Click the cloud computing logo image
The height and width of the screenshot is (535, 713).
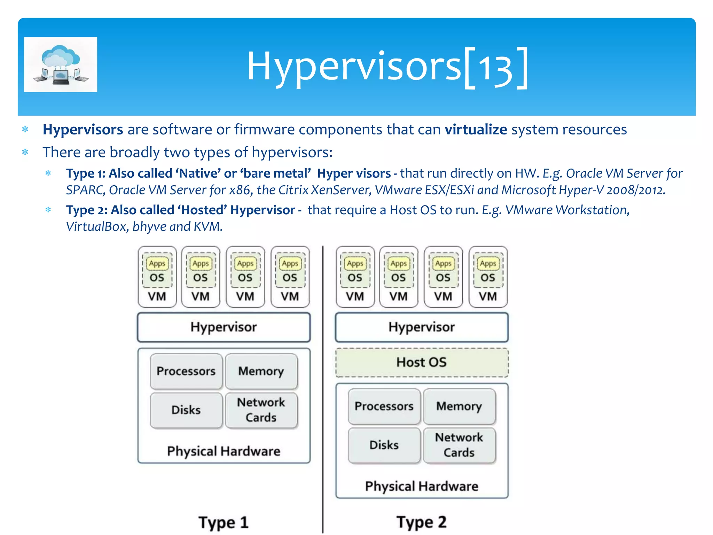point(61,64)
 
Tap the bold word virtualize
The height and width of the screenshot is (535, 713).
point(476,130)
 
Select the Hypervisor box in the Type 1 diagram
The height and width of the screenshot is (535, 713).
point(224,327)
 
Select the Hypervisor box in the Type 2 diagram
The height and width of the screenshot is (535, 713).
point(422,327)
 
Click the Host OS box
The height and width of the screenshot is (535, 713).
point(422,362)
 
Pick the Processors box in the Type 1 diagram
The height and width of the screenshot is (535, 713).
point(186,371)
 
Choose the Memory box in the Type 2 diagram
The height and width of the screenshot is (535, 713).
point(459,406)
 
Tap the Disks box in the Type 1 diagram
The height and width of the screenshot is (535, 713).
point(186,410)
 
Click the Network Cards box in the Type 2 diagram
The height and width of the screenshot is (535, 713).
point(459,445)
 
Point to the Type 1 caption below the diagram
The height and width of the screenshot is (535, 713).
point(224,522)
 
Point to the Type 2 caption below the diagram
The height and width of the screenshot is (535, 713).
point(422,522)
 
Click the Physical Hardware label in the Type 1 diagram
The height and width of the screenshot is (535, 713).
point(224,451)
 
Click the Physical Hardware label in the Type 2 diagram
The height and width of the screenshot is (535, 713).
point(422,486)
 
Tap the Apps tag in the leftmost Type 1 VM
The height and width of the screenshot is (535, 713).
point(157,264)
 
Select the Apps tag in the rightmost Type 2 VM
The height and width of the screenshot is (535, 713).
point(488,264)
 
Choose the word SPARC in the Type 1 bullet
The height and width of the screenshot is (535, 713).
point(85,190)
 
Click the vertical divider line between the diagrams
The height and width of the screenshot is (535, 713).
point(323,383)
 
